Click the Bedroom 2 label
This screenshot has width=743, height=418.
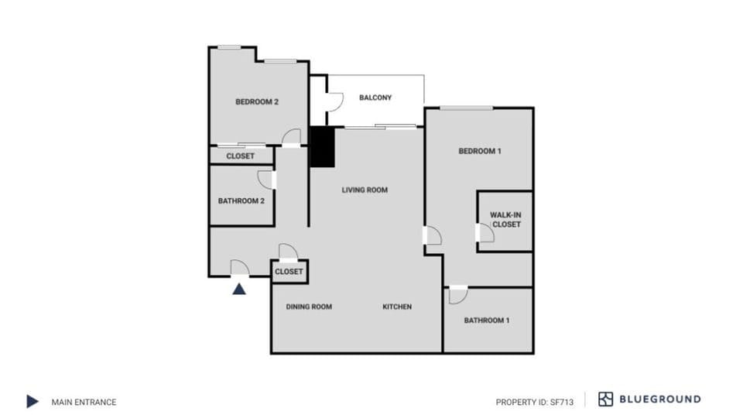pyautogui.click(x=256, y=101)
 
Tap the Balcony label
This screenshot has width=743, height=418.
pyautogui.click(x=375, y=98)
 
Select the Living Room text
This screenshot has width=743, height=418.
pyautogui.click(x=365, y=190)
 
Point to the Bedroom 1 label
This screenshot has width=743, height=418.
pyautogui.click(x=480, y=151)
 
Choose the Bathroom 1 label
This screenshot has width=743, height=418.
pyautogui.click(x=487, y=320)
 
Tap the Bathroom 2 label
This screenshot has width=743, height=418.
pyautogui.click(x=241, y=200)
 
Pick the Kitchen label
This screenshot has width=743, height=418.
pyautogui.click(x=397, y=307)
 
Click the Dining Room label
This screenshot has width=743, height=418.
pyautogui.click(x=309, y=307)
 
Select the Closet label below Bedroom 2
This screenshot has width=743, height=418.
pyautogui.click(x=240, y=156)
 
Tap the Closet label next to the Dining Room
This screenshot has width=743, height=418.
pyautogui.click(x=289, y=272)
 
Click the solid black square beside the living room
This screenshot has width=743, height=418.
pyautogui.click(x=321, y=146)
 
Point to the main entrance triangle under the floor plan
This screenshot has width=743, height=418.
pyautogui.click(x=240, y=289)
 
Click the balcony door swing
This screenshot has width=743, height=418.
pyautogui.click(x=334, y=101)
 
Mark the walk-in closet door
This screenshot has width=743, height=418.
pyautogui.click(x=485, y=232)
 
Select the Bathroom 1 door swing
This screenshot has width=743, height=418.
pyautogui.click(x=457, y=295)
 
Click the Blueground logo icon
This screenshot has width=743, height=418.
pyautogui.click(x=605, y=399)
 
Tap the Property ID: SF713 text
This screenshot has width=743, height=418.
pyautogui.click(x=535, y=402)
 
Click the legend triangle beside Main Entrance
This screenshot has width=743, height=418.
pyautogui.click(x=33, y=401)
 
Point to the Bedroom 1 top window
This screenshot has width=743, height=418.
pyautogui.click(x=467, y=108)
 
